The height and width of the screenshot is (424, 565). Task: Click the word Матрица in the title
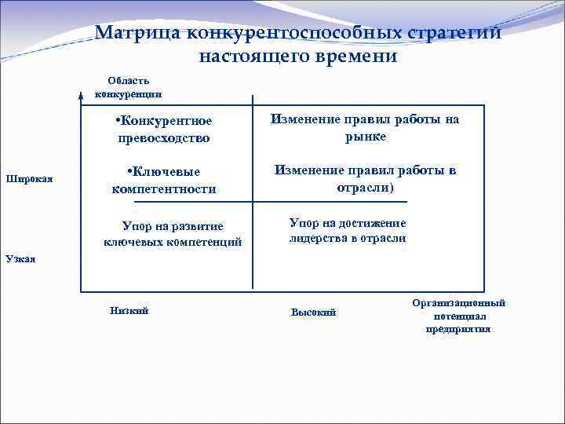coord(133,34)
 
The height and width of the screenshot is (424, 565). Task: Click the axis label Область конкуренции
coord(129,87)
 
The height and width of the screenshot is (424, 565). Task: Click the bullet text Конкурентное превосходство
coord(164,129)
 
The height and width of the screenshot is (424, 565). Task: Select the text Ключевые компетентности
coord(164,180)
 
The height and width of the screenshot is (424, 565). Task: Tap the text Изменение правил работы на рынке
coord(365,127)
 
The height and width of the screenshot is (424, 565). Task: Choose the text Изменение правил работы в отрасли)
coord(365,178)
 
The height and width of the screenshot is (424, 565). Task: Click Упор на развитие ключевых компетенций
coord(173,233)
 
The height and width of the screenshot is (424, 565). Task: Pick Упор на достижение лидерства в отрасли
coord(348,230)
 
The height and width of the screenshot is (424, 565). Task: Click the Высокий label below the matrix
coord(313,313)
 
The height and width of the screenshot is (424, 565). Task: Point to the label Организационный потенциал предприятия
coord(458,316)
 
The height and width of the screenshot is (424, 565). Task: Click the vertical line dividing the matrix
coord(253,196)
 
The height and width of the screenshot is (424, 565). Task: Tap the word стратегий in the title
coord(454,34)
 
